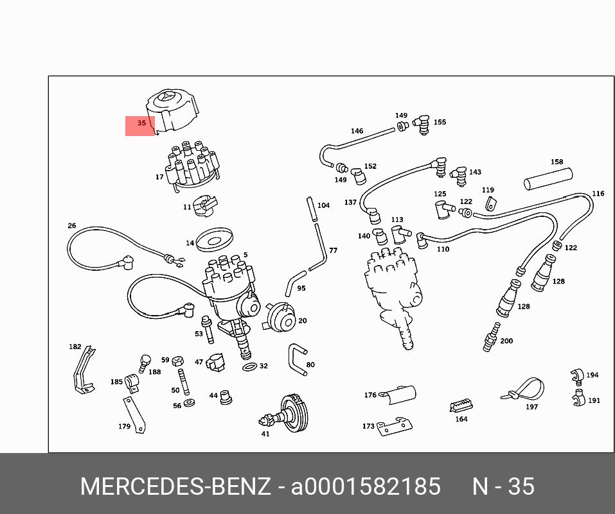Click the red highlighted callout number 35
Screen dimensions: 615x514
(141, 123)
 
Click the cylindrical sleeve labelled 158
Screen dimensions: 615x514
(548, 178)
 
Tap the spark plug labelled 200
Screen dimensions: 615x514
(492, 337)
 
